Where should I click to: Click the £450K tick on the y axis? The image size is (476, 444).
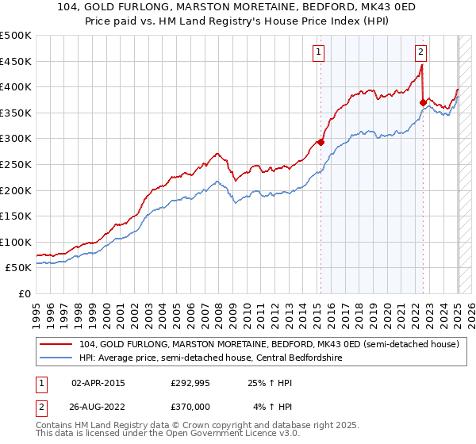click(x=16, y=61)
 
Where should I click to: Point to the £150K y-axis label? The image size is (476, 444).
click(x=16, y=216)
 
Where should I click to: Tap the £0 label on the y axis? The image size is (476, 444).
click(x=24, y=293)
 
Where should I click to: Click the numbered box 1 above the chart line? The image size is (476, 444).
click(x=318, y=53)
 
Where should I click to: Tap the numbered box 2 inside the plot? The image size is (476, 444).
click(x=420, y=53)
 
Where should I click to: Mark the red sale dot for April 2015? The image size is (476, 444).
click(x=321, y=143)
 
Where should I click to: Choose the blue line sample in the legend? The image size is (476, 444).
click(x=56, y=358)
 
